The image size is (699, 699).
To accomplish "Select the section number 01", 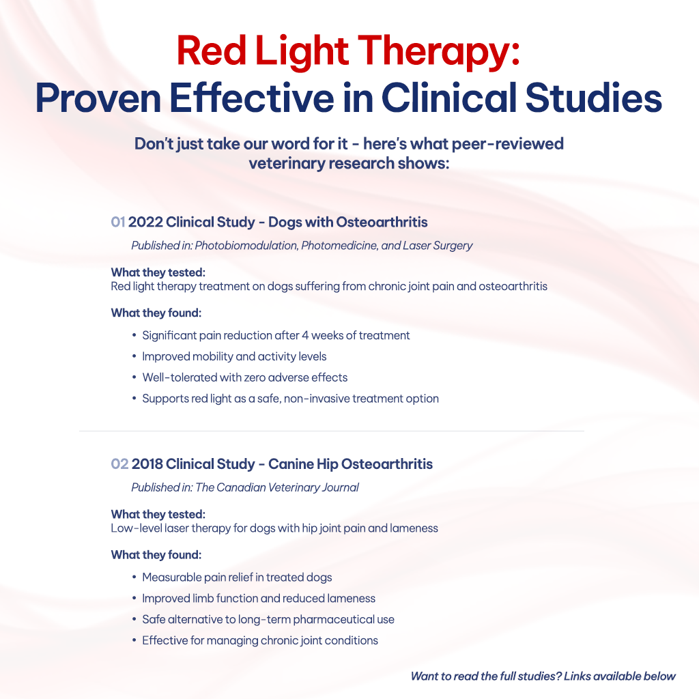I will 118,223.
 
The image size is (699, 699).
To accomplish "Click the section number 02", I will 119,464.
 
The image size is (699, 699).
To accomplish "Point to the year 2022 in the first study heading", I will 145,223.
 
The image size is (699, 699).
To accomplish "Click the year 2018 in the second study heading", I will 148,464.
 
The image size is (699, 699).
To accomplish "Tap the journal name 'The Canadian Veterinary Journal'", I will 277,487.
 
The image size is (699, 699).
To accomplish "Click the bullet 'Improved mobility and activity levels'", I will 234,356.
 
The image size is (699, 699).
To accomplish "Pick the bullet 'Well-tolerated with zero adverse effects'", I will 244,377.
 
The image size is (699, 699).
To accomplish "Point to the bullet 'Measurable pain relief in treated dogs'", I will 237,577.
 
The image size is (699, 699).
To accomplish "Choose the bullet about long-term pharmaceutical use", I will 268,620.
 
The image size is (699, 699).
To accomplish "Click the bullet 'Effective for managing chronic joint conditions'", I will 259,640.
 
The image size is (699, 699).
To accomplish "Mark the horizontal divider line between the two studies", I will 332,431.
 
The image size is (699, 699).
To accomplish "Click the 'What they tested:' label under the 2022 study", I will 158,272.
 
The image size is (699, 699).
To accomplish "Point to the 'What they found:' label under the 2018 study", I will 156,555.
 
